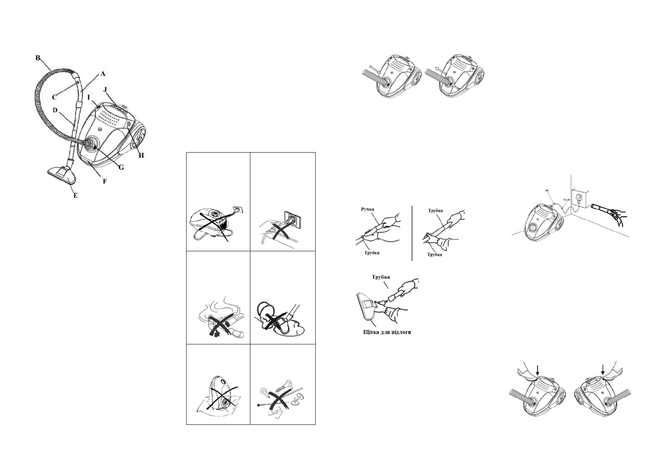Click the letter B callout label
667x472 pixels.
click(x=38, y=58)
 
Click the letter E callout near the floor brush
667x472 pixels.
click(x=75, y=195)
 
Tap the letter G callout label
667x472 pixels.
click(x=121, y=168)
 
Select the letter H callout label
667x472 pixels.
click(x=141, y=155)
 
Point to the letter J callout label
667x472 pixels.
click(x=105, y=90)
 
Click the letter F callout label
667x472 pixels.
click(x=105, y=181)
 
